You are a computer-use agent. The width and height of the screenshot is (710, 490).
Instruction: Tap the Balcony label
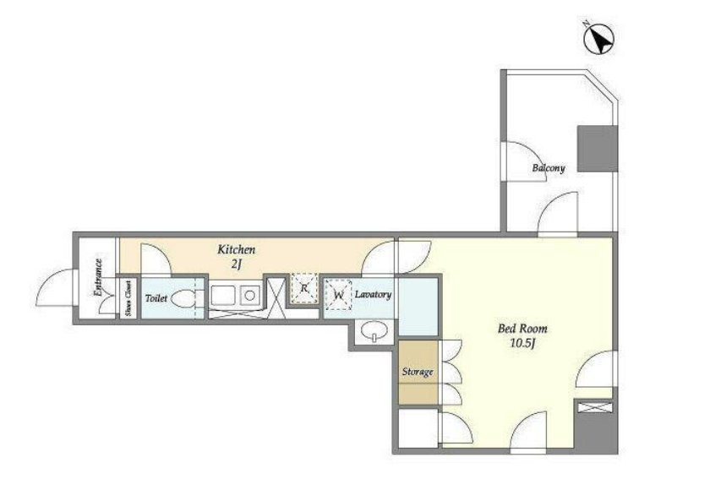point(549,168)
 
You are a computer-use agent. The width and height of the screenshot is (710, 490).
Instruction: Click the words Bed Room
point(522,328)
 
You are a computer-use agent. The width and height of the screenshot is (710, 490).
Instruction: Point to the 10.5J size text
point(523,343)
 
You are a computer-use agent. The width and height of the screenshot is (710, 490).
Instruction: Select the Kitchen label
point(237,249)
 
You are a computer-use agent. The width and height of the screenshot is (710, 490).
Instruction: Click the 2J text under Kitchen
point(236,264)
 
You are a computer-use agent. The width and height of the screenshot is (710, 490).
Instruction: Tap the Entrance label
point(98,277)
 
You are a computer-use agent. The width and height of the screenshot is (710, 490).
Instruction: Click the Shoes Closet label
point(128,297)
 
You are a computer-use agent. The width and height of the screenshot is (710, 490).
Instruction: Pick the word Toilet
point(156,298)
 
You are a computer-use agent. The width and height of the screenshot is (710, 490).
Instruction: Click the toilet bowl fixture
point(183,298)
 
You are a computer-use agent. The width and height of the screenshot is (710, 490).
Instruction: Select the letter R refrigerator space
point(303,288)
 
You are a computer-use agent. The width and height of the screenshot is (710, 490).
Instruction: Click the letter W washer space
point(338,295)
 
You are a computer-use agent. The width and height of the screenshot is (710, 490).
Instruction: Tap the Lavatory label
point(373,295)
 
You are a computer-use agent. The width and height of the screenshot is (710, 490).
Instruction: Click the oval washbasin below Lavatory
point(374,329)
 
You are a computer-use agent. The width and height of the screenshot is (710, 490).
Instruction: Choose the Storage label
point(418,372)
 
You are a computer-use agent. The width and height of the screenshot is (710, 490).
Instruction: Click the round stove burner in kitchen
point(249,296)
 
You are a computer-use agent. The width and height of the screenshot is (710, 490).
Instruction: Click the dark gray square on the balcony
point(598,149)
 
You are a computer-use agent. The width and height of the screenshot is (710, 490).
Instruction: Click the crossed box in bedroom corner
point(595,407)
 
